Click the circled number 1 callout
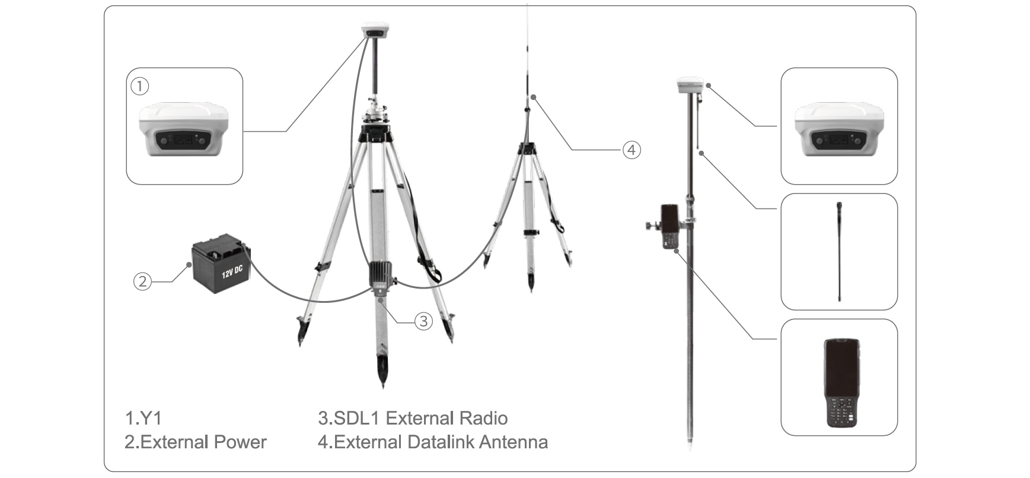139,87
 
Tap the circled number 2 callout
142,281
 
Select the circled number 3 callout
423,321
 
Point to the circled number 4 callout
632,150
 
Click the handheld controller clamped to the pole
670,227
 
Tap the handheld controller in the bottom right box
842,382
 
